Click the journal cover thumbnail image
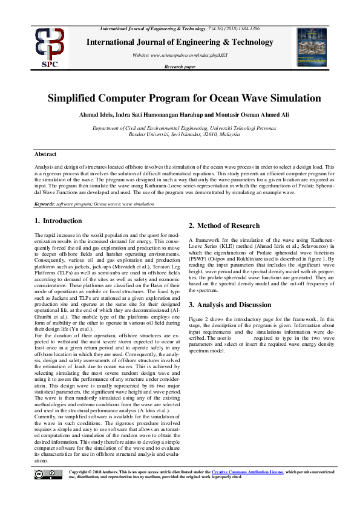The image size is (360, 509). pos(311,47)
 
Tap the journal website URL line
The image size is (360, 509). pos(180,55)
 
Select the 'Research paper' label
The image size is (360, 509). pos(180,67)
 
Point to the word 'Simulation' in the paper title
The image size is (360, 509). pos(286,98)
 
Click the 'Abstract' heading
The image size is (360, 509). pos(45,155)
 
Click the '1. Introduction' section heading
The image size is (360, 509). pos(58,221)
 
